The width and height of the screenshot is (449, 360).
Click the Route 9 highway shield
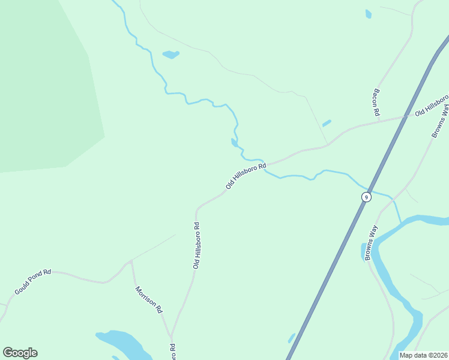point(366,197)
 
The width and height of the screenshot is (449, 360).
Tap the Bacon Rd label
point(376,102)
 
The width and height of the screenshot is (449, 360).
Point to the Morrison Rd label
point(149,299)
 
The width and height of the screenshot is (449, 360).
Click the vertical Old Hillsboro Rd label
point(196,245)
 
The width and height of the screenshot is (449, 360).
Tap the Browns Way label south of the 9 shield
point(370,242)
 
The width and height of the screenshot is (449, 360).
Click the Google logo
point(20,353)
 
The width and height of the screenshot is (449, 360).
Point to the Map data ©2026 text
point(423,355)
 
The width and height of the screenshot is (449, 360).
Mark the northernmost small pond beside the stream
point(170,55)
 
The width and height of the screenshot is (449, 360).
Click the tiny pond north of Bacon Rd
point(368,13)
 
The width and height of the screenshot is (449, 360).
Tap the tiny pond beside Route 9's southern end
point(292,338)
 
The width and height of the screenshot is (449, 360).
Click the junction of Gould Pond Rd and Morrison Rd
point(131,261)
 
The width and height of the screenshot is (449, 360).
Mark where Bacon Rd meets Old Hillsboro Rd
point(380,122)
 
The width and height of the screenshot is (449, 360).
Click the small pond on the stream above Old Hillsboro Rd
point(234,143)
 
